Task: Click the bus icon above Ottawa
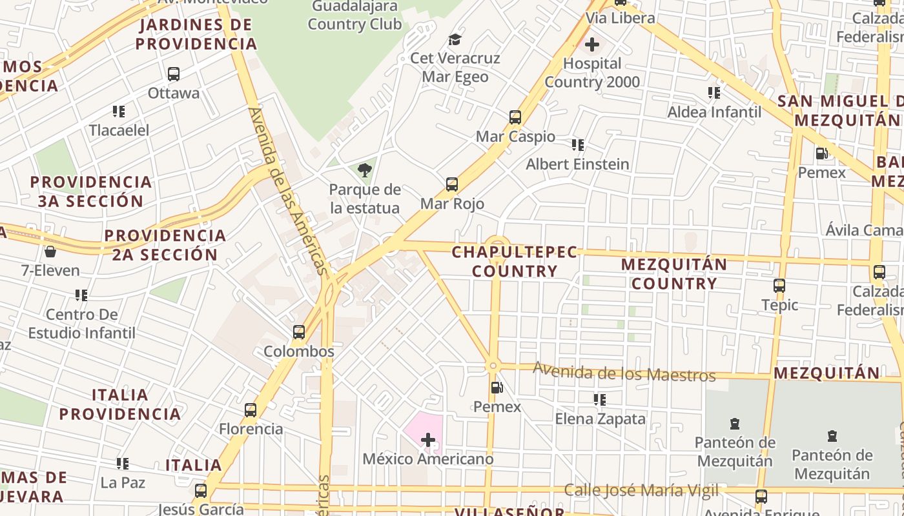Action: point(173,74)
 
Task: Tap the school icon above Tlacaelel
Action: point(119,112)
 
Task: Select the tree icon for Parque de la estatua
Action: point(365,170)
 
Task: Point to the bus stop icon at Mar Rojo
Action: point(452,184)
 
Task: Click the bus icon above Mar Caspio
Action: point(515,117)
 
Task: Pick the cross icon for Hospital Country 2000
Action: point(591,45)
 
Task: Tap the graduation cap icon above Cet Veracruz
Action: point(455,39)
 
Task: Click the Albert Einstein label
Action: point(577,164)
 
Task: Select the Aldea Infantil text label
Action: point(714,112)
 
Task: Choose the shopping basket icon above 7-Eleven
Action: point(50,251)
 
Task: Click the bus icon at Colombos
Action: point(299,332)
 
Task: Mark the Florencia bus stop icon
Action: point(251,410)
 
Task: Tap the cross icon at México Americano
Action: point(427,441)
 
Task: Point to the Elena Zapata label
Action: point(600,419)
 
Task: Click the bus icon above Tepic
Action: point(779,286)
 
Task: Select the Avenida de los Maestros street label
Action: point(624,372)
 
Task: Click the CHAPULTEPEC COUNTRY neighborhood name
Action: point(514,261)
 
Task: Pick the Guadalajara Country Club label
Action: point(354,15)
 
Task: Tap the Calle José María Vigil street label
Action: point(641,490)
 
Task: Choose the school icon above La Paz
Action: point(123,463)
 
